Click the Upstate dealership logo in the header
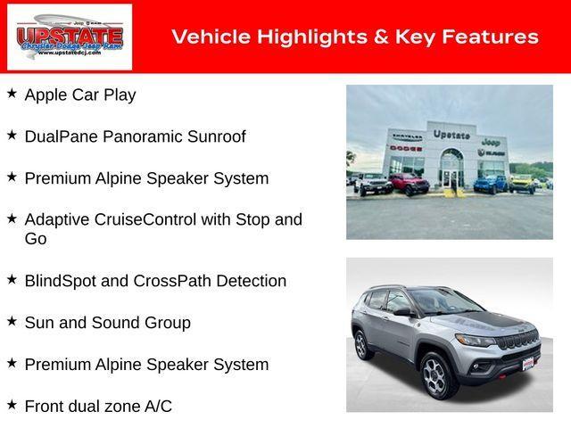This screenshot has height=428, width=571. (x=70, y=37)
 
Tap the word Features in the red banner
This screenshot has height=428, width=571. (x=485, y=37)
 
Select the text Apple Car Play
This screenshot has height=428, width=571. (x=80, y=95)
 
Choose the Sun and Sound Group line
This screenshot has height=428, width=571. (x=107, y=323)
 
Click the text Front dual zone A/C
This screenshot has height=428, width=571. (x=98, y=406)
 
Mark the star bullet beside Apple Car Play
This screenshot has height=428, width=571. (x=12, y=93)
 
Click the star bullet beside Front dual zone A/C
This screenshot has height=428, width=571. (x=12, y=404)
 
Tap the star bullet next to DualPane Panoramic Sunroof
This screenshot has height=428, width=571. (x=12, y=135)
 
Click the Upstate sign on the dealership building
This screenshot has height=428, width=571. (x=451, y=135)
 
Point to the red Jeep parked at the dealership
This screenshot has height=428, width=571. (x=408, y=184)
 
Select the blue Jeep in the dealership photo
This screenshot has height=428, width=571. (x=489, y=184)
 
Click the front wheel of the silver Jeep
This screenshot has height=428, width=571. (x=434, y=374)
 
